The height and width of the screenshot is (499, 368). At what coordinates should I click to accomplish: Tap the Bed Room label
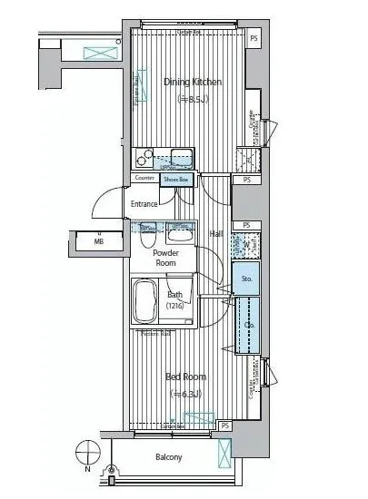pos(184,377)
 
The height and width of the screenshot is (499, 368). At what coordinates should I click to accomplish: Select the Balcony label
pos(168,457)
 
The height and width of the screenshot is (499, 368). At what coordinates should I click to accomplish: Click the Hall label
pos(216,234)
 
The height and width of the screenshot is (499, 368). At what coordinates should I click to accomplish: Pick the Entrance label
pos(144,204)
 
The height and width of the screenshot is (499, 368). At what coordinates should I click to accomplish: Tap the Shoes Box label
pos(176,180)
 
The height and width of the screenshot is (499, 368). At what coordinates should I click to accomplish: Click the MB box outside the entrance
pos(98,241)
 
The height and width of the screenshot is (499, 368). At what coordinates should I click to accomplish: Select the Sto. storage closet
pos(245,279)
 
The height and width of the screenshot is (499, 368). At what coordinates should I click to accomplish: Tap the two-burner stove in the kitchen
pos(144,156)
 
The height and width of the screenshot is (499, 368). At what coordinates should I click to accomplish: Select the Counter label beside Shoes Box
pos(144,179)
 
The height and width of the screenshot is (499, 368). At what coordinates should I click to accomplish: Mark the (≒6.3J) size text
pos(185,394)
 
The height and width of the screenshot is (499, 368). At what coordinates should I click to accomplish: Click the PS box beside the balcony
pos(224,425)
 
